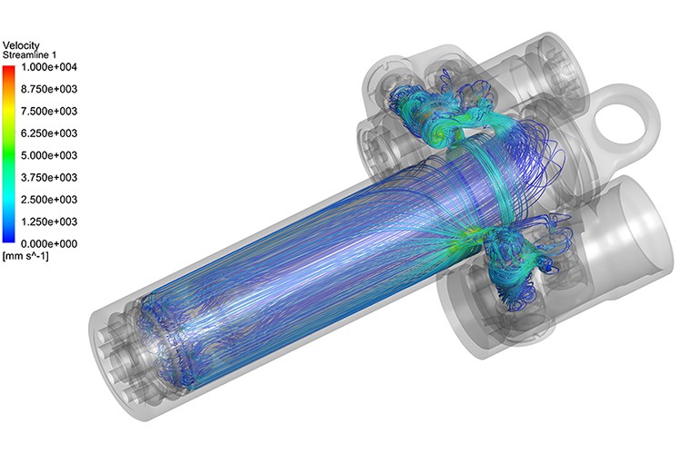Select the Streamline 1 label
pos(31,55)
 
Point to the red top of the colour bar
pos(9,71)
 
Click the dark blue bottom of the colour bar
pos(9,239)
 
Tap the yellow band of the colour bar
pos(9,113)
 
